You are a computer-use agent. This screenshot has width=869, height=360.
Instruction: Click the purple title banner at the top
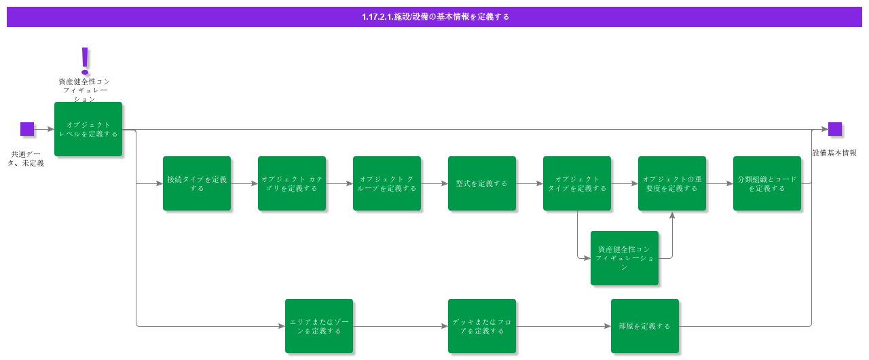[434, 17]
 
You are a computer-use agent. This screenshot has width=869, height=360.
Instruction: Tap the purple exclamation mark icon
[85, 60]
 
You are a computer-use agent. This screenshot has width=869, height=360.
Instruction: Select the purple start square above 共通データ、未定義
[27, 129]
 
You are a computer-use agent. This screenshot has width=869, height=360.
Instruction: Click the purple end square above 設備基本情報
[835, 129]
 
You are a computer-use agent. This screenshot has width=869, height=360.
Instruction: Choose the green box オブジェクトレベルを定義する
[88, 129]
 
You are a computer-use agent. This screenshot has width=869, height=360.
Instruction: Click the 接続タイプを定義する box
[197, 183]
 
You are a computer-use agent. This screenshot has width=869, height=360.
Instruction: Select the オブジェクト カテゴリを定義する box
[292, 183]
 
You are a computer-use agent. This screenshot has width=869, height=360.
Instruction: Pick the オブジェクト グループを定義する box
[387, 183]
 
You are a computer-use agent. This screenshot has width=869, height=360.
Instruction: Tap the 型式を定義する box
[482, 183]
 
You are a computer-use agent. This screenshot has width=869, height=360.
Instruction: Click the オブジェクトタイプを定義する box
[577, 183]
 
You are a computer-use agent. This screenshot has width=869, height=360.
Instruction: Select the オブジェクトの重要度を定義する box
[672, 183]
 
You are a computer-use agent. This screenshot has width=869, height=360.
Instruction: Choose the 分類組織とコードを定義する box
[767, 183]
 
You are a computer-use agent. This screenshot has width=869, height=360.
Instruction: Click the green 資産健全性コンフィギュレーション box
[625, 258]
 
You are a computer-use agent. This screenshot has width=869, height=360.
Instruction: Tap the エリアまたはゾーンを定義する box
[319, 326]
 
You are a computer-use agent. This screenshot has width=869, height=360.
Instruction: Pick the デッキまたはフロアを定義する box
[482, 326]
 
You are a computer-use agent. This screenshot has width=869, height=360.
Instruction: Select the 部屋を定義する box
[645, 326]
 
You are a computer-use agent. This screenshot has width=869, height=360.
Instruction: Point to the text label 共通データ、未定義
[27, 159]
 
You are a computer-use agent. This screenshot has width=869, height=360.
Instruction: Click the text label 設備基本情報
[834, 154]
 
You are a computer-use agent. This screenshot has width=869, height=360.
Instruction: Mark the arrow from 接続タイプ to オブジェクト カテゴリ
[244, 183]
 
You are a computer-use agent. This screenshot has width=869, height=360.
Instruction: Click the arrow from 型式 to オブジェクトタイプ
[530, 183]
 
